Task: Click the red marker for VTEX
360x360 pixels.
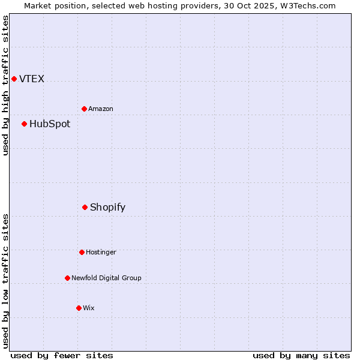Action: click(14, 79)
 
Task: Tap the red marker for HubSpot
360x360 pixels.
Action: click(24, 124)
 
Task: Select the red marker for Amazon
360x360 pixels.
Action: click(84, 109)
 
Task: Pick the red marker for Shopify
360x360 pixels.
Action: click(85, 207)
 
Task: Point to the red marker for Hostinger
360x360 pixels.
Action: click(82, 252)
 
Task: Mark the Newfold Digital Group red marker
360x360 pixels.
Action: click(67, 278)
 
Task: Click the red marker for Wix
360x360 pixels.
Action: click(79, 308)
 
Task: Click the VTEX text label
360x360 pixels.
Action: click(32, 79)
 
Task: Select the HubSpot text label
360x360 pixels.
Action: click(50, 124)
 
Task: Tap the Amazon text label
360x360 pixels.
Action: click(101, 109)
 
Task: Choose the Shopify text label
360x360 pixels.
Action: click(108, 208)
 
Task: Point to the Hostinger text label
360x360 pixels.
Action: click(101, 252)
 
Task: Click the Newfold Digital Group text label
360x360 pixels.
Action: click(106, 278)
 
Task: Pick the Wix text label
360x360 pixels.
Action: click(89, 308)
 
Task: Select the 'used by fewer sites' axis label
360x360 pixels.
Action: click(62, 355)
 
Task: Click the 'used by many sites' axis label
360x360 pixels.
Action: click(301, 355)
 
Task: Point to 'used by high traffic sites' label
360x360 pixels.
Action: click(5, 86)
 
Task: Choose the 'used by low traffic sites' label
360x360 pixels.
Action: click(5, 280)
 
